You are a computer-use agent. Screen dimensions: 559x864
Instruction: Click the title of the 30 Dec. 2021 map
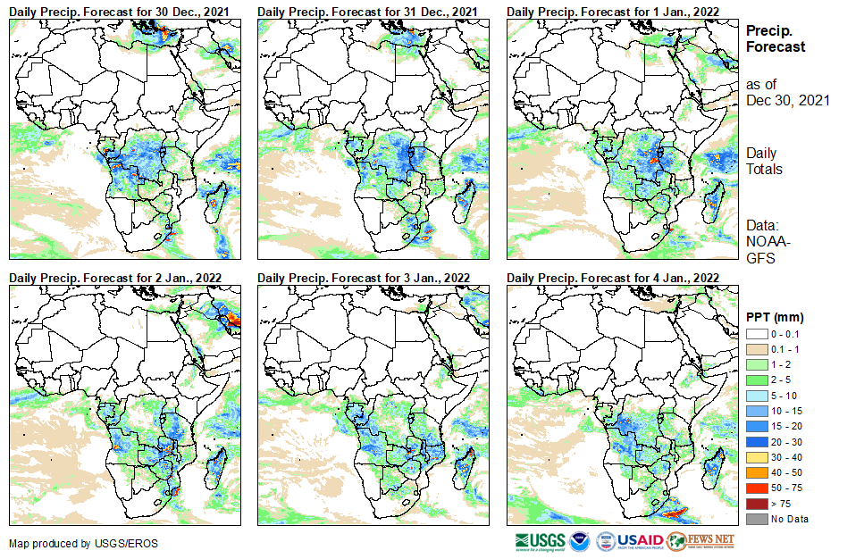click(x=124, y=10)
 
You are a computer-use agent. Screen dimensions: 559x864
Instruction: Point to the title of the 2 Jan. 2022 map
click(x=115, y=278)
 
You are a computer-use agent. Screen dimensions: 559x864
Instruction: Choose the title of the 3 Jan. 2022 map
click(x=364, y=278)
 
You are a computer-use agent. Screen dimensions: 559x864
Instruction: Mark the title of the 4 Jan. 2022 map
click(x=613, y=278)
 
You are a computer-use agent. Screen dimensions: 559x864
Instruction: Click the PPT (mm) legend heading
click(x=776, y=317)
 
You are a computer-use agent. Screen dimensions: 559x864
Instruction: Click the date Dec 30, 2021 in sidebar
click(x=787, y=100)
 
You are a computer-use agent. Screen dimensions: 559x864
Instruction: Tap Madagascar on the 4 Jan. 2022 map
click(x=713, y=465)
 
